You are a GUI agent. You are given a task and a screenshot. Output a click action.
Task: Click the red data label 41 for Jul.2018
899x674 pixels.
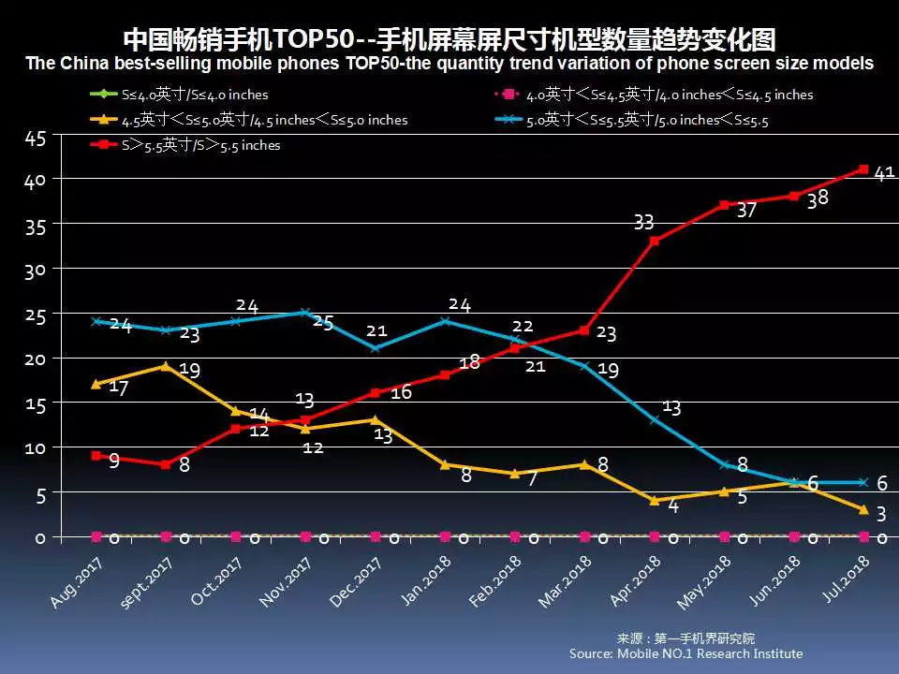884,173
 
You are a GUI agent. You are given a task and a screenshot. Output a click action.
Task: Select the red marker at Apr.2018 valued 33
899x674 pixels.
654,241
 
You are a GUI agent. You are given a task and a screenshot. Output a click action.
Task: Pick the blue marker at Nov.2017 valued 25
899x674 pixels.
305,312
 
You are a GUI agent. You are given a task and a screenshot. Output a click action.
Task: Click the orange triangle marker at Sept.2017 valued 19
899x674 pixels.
166,366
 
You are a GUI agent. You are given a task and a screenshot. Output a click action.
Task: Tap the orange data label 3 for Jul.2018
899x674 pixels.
882,514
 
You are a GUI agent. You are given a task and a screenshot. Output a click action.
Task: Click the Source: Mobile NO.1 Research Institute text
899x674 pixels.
685,653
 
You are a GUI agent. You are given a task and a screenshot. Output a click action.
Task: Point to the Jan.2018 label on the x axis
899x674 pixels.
430,580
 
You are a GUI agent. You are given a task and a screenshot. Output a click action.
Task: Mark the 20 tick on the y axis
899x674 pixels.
35,359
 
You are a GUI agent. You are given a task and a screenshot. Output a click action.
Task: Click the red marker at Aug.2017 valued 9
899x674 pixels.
96,455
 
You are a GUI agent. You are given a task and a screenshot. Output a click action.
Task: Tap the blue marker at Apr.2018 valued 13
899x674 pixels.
654,419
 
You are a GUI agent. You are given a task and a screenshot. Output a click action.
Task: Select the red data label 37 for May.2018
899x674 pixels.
745,211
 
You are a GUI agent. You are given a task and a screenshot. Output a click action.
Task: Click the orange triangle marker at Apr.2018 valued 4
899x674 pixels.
654,500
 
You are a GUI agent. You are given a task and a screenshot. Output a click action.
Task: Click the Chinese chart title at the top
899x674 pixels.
449,39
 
